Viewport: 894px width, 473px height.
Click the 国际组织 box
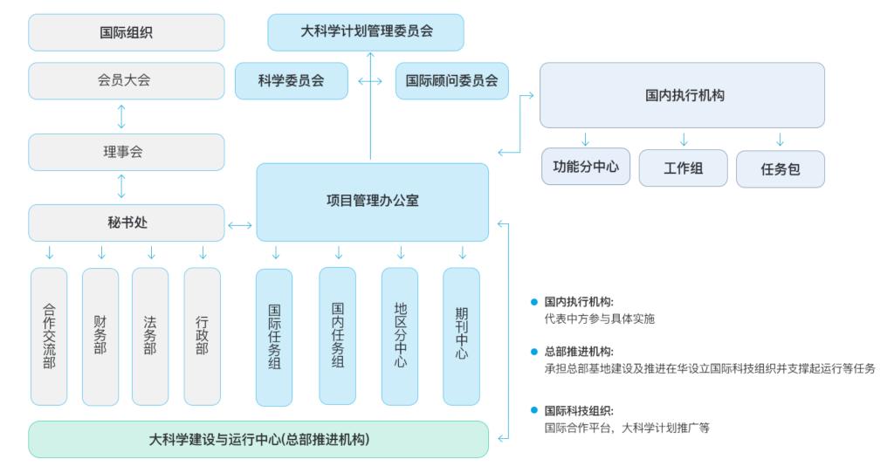(126, 33)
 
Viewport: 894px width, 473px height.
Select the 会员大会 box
(126, 80)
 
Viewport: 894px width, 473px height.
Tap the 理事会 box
(126, 152)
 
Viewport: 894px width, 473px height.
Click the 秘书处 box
(126, 223)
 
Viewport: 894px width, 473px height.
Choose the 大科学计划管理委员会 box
(366, 31)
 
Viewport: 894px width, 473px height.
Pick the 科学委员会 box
(291, 80)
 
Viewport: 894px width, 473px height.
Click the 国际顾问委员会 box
(451, 80)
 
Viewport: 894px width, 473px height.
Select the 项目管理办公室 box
(372, 202)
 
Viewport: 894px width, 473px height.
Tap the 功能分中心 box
(585, 167)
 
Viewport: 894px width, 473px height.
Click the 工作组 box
(683, 168)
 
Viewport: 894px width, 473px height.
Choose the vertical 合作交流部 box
(49, 336)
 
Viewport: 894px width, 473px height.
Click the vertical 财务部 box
(100, 336)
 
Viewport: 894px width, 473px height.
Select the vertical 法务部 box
(150, 336)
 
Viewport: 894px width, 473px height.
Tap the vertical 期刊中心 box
(461, 336)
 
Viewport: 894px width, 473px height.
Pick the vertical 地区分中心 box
(400, 336)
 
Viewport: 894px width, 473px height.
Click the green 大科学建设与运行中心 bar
(258, 439)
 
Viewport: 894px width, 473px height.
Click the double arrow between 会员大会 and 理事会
(121, 116)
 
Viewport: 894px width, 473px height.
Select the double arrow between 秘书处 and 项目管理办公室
(240, 226)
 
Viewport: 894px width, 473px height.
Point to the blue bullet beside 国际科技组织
(534, 409)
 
